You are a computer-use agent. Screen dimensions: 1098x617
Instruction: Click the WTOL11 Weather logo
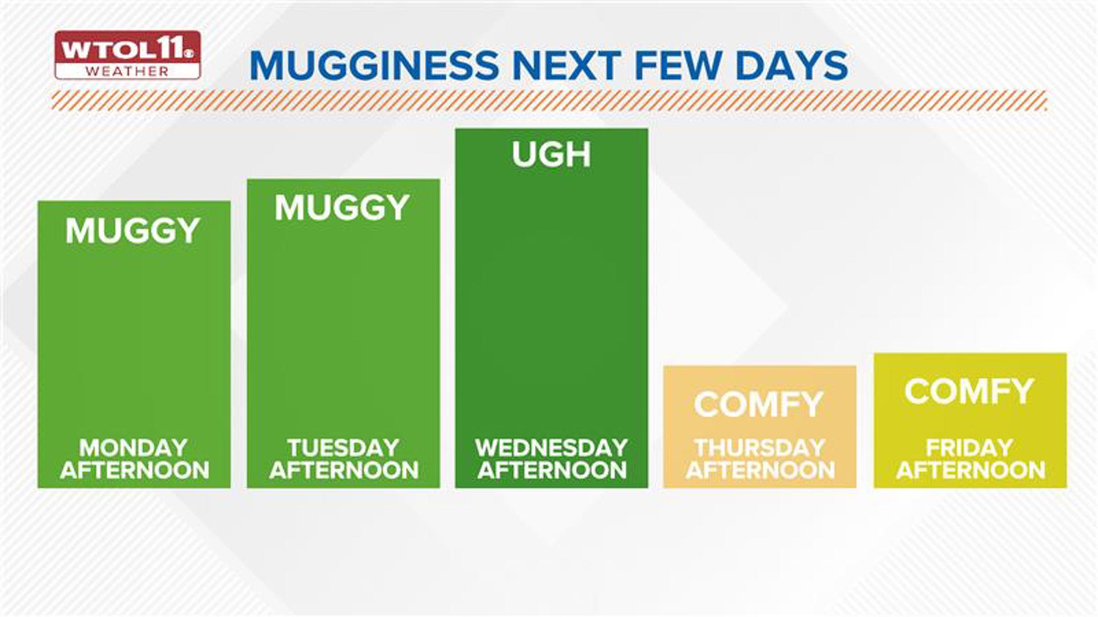(128, 55)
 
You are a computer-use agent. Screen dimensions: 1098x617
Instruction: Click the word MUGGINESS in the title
(375, 65)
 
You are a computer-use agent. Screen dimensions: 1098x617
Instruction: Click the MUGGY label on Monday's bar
(132, 231)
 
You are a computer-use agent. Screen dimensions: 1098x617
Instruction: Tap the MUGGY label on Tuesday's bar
(342, 207)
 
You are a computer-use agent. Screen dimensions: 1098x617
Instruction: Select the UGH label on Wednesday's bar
(551, 154)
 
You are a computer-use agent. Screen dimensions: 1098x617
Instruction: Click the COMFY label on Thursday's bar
(758, 404)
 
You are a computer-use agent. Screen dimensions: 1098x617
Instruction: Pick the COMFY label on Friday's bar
(969, 391)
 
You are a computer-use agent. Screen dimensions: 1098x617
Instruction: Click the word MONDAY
(134, 447)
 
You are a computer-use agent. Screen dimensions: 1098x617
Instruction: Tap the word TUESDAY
(343, 447)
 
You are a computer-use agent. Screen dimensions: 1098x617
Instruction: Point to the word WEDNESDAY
(552, 447)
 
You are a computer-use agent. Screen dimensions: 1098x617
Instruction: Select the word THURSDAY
(760, 447)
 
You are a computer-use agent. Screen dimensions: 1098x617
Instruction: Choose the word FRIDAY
(970, 447)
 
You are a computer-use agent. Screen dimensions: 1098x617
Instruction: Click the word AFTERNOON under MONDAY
(135, 470)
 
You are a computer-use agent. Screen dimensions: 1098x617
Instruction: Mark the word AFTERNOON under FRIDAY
(971, 470)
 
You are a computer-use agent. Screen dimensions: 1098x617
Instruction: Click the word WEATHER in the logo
(127, 71)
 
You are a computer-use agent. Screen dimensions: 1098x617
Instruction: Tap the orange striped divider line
(549, 100)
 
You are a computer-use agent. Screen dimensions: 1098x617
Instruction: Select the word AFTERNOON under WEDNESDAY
(552, 470)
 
